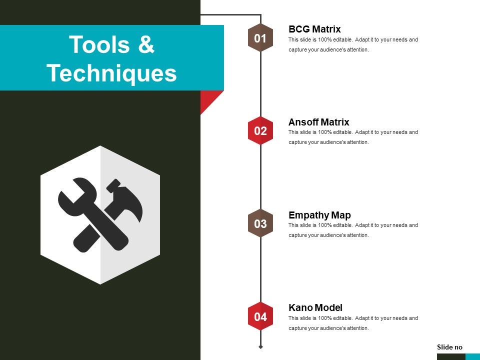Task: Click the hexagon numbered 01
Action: [260, 38]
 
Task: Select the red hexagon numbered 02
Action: [260, 131]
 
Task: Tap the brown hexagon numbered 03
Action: [260, 224]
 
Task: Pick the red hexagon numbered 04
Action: [260, 316]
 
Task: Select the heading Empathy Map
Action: [319, 215]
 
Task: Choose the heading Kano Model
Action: [315, 307]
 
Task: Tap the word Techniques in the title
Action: [112, 73]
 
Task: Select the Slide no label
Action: [449, 347]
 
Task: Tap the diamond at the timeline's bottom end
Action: [260, 346]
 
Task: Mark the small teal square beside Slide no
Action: [472, 356]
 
